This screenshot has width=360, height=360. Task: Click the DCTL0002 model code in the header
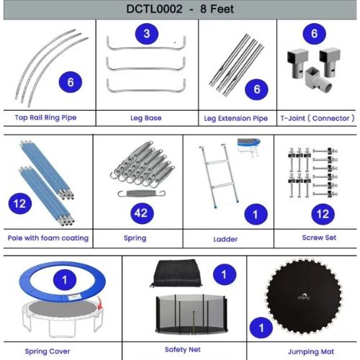(154, 9)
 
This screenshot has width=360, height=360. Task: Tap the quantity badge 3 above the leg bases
(147, 34)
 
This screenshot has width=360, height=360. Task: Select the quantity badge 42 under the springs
(142, 213)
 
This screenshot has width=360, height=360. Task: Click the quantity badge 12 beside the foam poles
(20, 204)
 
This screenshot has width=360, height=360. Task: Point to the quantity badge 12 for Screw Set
(323, 214)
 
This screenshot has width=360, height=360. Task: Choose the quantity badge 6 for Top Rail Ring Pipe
(71, 82)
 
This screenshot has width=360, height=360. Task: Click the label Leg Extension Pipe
(235, 118)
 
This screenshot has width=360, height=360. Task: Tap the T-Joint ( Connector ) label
(318, 118)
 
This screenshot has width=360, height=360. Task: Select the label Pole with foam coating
(48, 238)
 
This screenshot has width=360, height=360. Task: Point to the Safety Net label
(182, 349)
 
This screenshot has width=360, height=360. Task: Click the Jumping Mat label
(311, 352)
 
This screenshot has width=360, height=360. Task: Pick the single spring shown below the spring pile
(142, 193)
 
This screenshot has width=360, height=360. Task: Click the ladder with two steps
(219, 176)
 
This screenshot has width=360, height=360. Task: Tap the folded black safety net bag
(176, 273)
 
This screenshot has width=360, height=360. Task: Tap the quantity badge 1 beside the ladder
(256, 214)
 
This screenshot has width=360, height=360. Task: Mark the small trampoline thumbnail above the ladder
(249, 147)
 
